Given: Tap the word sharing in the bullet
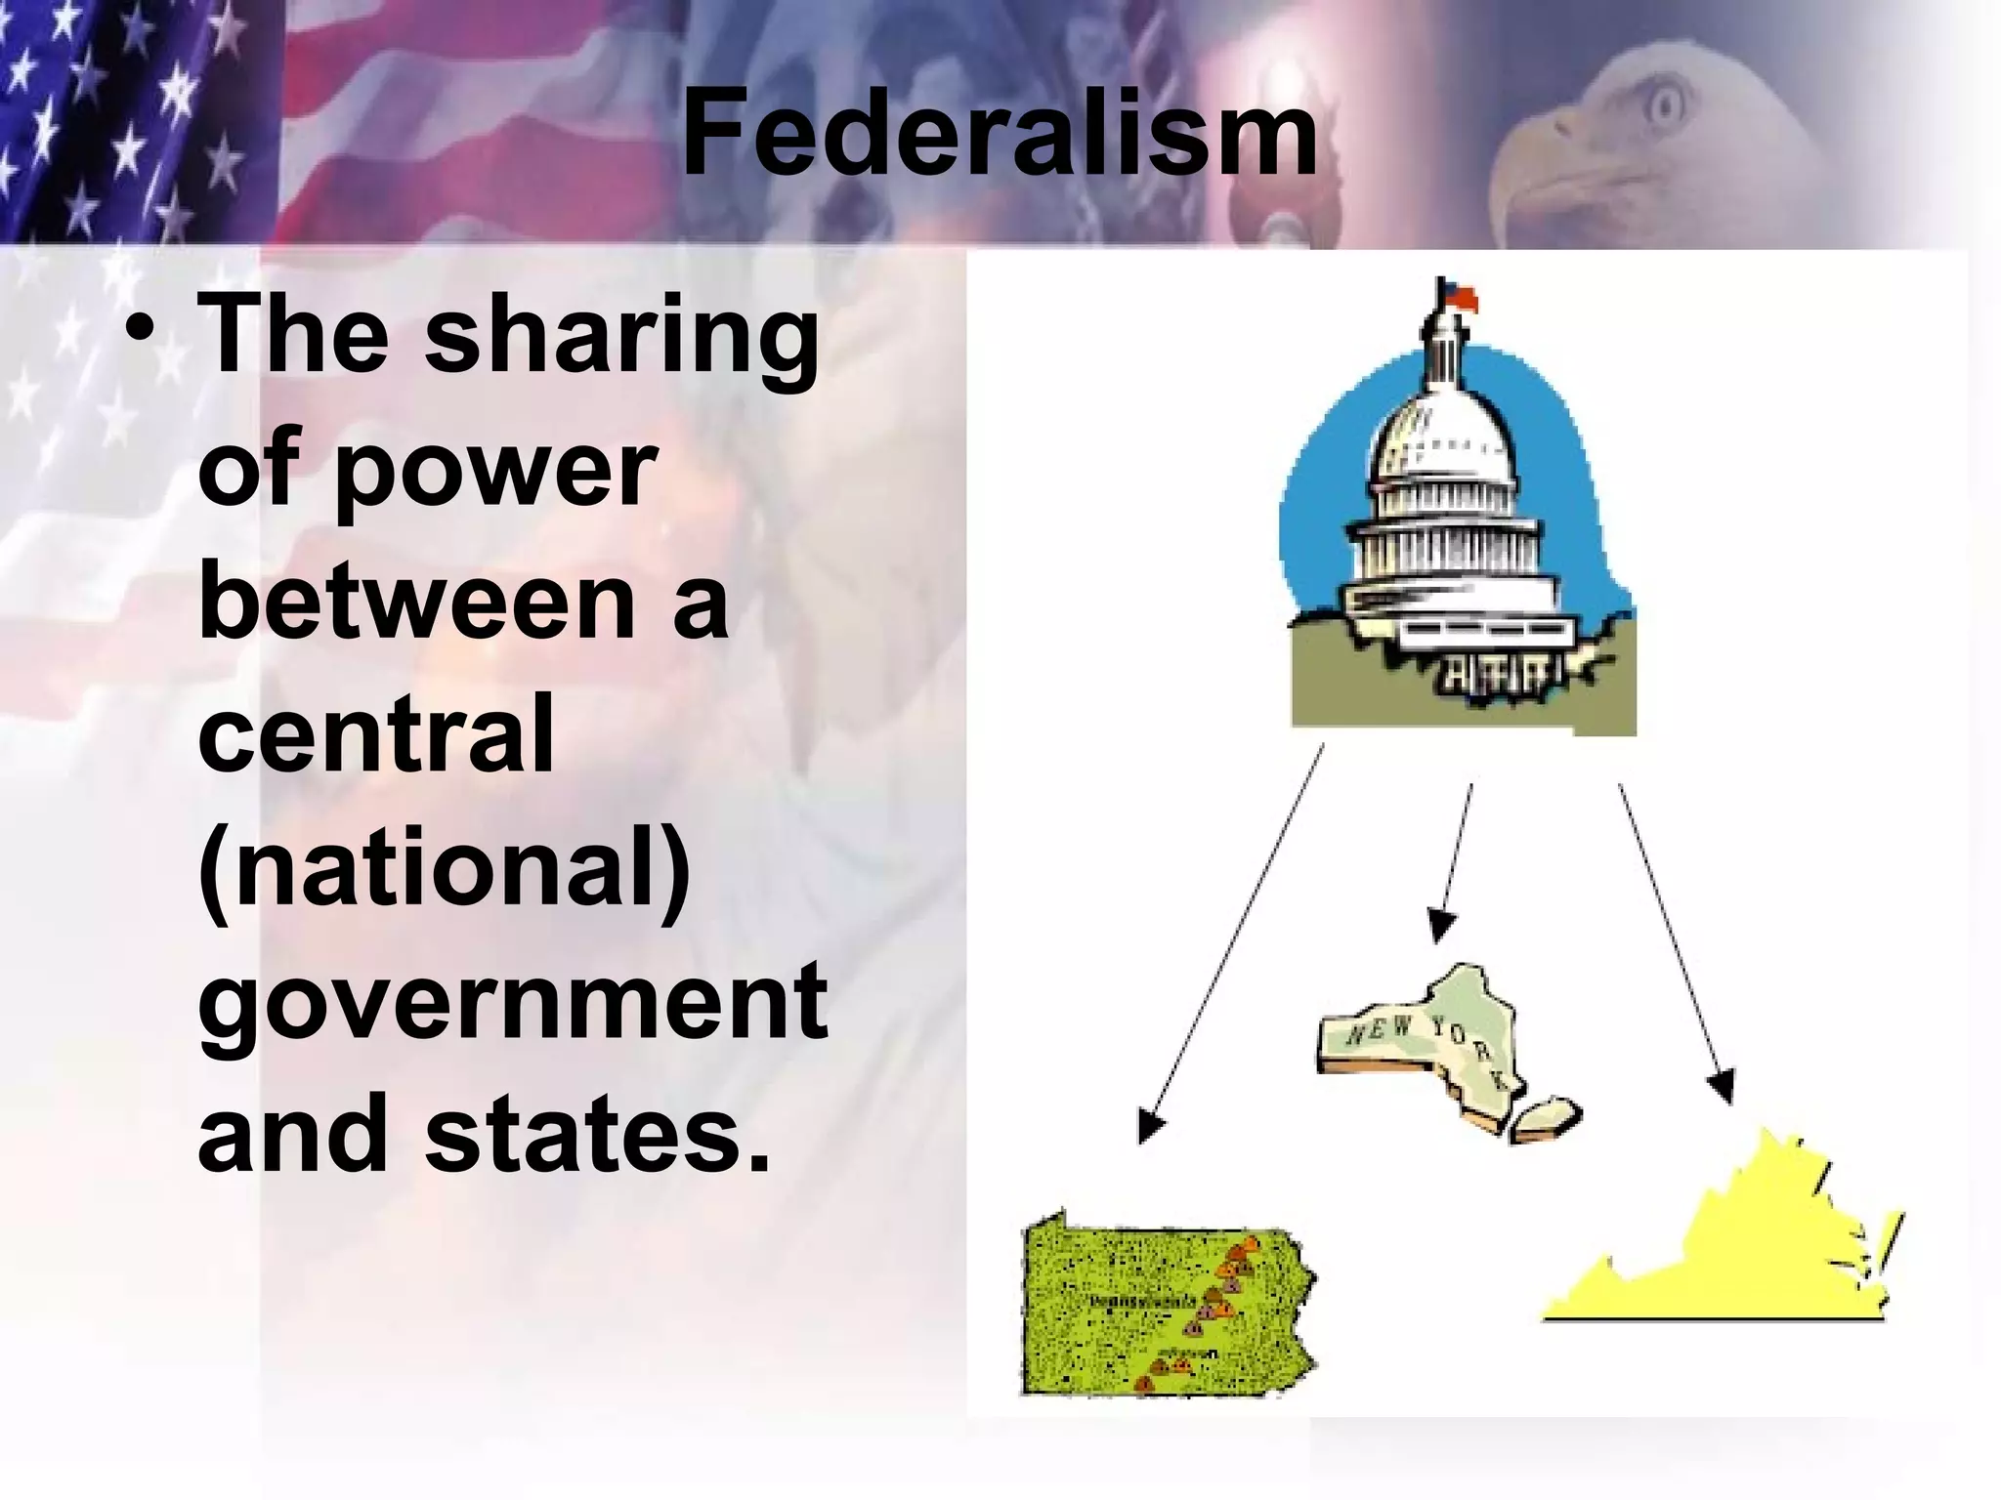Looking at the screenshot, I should [622, 337].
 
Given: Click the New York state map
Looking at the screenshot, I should [1426, 1045].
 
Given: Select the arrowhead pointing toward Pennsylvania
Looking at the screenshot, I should [1150, 1128].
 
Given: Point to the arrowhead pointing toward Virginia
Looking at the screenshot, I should [1722, 1087].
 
